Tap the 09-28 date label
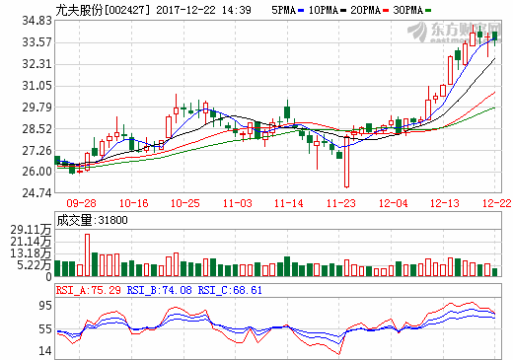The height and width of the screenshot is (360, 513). point(82,202)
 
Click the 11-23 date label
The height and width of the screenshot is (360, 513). point(342,202)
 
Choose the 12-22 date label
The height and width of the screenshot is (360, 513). point(496,202)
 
